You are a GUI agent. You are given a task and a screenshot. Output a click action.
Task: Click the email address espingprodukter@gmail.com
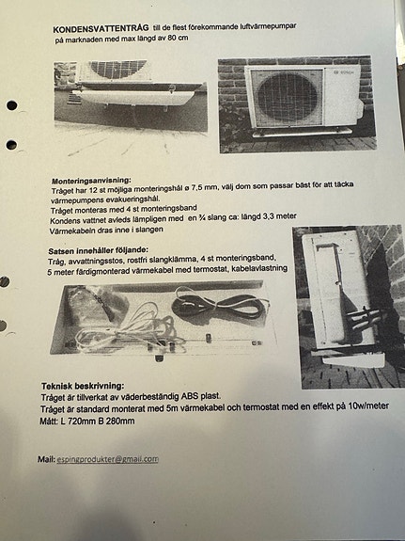click(108, 459)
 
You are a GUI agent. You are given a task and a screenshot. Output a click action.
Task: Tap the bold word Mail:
click(46, 459)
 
